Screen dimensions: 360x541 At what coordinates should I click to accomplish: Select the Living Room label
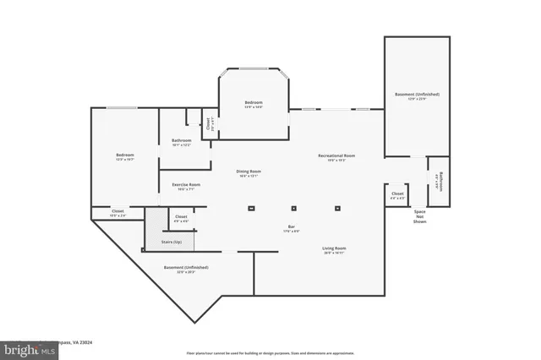pos(334,249)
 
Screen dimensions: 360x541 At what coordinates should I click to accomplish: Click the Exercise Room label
pos(186,186)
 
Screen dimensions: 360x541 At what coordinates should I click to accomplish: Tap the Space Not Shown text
pos(419,216)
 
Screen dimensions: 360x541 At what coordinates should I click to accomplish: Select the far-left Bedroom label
pos(125,156)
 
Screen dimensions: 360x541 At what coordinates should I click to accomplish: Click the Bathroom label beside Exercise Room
pos(181,142)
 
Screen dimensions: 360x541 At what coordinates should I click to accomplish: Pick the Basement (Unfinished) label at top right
pos(417,95)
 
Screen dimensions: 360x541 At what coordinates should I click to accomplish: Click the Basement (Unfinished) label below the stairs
pos(185,269)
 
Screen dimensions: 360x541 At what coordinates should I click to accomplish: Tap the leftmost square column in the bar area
pos(250,208)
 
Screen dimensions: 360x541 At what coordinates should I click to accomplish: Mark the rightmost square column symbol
pos(338,208)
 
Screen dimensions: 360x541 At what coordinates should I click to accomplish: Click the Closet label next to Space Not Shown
pos(397,195)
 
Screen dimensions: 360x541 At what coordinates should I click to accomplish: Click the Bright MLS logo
pos(28,348)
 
